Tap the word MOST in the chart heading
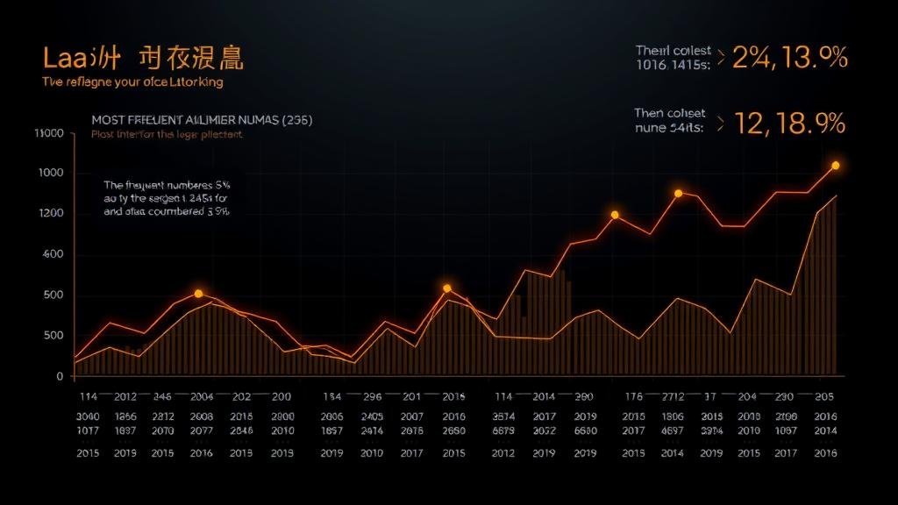110,119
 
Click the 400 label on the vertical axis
53,254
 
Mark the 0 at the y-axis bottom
60,376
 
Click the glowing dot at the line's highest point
835,166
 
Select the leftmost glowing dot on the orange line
198,294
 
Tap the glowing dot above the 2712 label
678,193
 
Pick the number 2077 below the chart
202,431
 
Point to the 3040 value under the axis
89,417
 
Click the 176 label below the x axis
633,395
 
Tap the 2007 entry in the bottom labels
412,417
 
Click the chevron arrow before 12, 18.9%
721,124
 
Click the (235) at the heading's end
296,119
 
